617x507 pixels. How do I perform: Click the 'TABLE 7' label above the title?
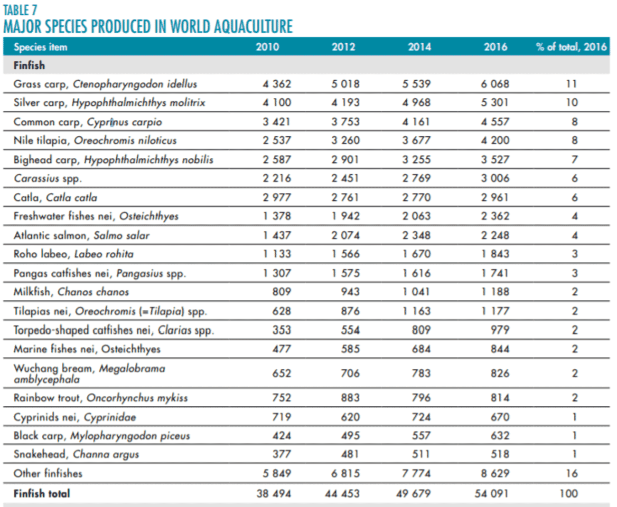(20, 10)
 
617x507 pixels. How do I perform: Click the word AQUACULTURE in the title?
(253, 27)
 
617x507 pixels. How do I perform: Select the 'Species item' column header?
(41, 47)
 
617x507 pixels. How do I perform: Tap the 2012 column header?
(343, 47)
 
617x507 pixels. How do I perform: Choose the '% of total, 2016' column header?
(571, 47)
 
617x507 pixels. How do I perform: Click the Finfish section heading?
(29, 65)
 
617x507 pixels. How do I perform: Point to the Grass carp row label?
(105, 84)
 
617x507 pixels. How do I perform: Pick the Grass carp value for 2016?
(495, 84)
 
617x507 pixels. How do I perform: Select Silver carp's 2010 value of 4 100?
(277, 103)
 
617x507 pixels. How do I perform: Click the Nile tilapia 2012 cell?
(345, 140)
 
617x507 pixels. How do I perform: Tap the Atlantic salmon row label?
(81, 235)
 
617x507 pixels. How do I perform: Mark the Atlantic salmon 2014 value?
(416, 235)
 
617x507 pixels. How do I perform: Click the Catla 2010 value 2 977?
(277, 197)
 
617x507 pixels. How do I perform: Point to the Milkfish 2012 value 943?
(350, 292)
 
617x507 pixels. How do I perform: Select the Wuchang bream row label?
(89, 373)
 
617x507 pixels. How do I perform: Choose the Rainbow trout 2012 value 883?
(350, 397)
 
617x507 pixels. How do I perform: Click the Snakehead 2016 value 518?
(500, 454)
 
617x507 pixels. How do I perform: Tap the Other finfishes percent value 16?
(571, 473)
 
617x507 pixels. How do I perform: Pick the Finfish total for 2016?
(492, 494)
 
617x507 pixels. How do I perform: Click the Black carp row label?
(102, 436)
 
